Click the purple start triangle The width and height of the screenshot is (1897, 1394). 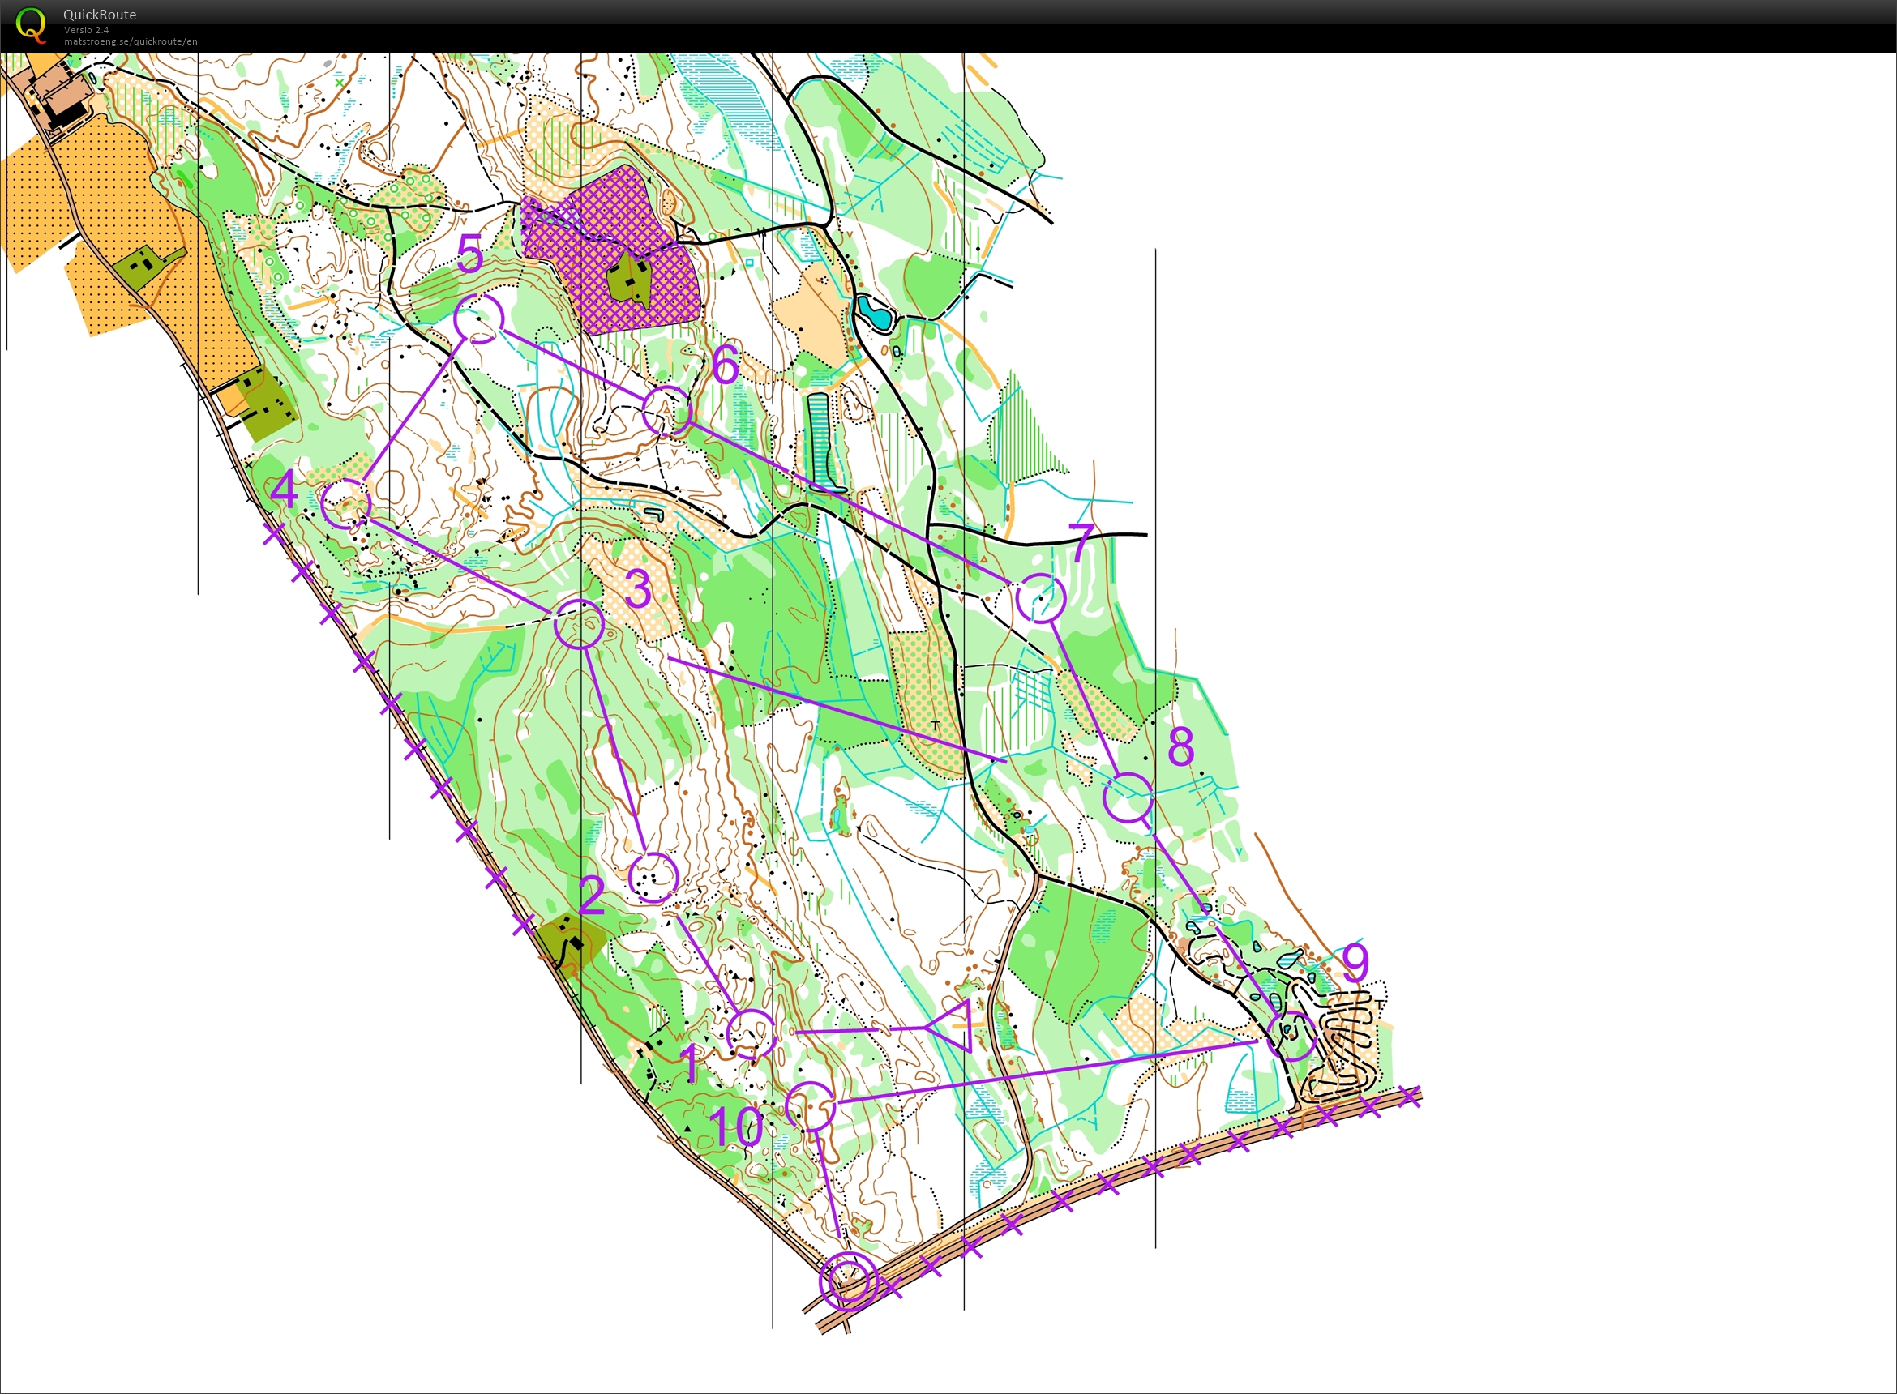point(953,1027)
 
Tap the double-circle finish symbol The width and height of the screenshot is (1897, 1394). point(847,1281)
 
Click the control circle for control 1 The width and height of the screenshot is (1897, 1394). point(750,1033)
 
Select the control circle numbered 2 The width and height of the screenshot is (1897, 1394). point(653,878)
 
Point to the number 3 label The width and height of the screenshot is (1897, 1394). point(639,588)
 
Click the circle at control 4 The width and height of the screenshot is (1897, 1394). point(346,504)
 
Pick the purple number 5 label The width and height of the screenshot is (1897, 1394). point(470,253)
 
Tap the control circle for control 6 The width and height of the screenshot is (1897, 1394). point(666,411)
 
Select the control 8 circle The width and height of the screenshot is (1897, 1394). point(1128,797)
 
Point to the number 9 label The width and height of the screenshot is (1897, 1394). point(1355,961)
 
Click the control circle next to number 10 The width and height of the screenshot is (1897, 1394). point(811,1106)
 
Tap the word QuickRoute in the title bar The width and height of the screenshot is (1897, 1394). point(100,15)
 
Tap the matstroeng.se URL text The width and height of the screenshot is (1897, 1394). point(131,41)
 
